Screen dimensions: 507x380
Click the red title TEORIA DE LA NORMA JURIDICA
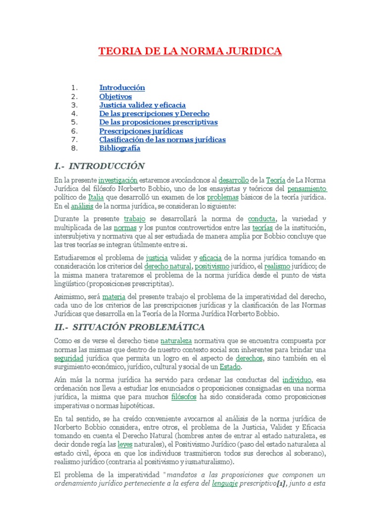[x=190, y=51]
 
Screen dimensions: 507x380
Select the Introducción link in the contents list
[x=122, y=88]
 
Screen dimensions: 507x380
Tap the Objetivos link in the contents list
[x=116, y=97]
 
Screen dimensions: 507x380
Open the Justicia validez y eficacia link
[x=142, y=105]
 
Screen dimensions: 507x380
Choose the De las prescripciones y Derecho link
[x=154, y=114]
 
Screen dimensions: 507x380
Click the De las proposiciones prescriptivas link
[x=158, y=122]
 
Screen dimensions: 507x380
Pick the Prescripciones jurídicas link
[x=141, y=131]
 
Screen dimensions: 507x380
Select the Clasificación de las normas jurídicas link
[x=162, y=140]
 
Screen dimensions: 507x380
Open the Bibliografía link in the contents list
[x=120, y=148]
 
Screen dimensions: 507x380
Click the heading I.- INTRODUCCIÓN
[x=99, y=166]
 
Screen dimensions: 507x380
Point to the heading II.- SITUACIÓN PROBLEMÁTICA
[x=129, y=327]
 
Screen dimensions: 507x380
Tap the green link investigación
[x=118, y=181]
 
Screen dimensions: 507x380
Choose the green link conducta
[x=261, y=219]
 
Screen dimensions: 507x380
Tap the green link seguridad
[x=69, y=358]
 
